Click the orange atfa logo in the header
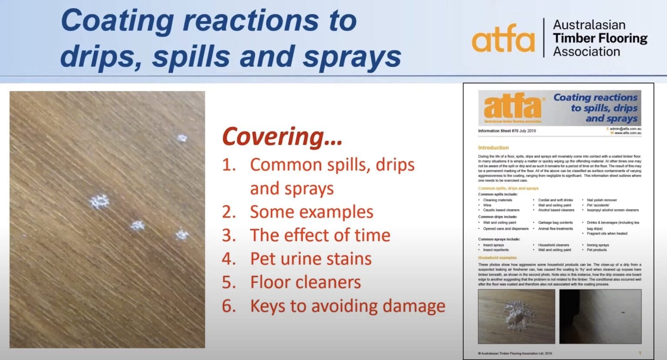(503, 39)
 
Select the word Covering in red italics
(282, 136)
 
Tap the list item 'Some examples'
(311, 212)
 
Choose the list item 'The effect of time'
(320, 235)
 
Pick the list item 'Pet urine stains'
(310, 259)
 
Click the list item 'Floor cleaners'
(305, 282)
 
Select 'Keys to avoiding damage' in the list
(347, 306)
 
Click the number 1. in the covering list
(229, 165)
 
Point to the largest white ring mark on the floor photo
(99, 202)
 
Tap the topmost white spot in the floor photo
(182, 139)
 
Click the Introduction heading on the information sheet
(493, 148)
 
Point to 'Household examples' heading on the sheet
(497, 258)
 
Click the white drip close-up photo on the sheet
(516, 316)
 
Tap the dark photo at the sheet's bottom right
(600, 316)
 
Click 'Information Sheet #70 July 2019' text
(507, 131)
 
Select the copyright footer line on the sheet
(515, 353)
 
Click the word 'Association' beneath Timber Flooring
(586, 52)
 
